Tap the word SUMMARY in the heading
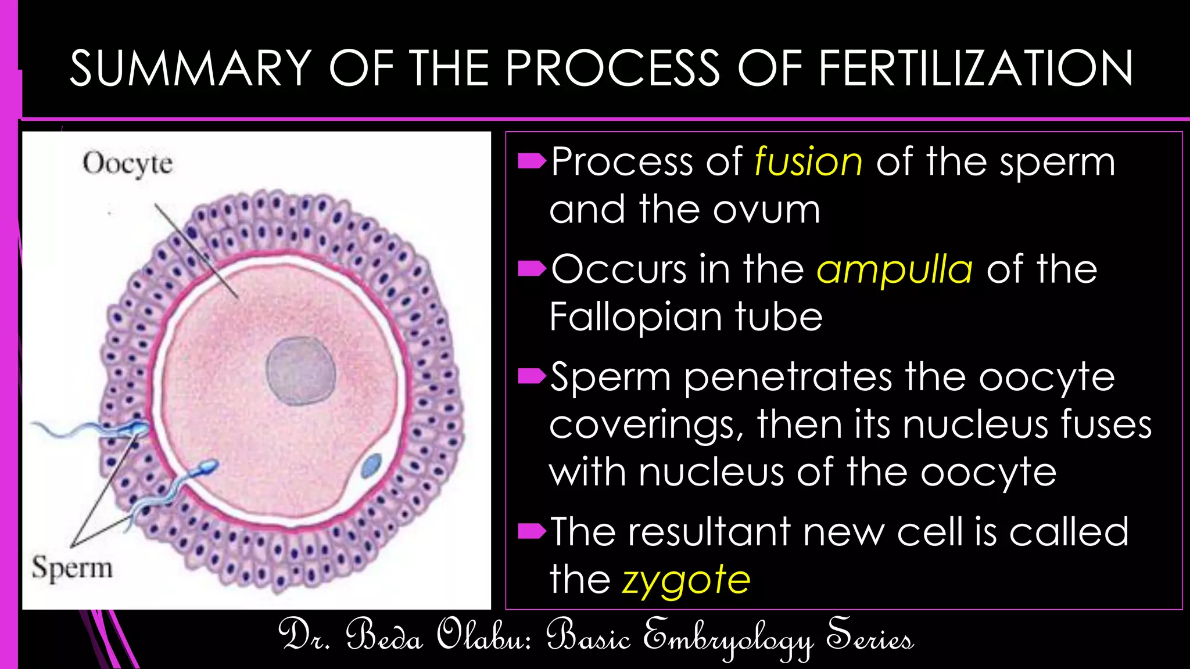coord(191,69)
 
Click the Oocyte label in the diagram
coord(128,163)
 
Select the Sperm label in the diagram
coord(72,567)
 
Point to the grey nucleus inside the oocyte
coord(301,371)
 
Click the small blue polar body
coord(371,465)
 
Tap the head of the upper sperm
coord(139,428)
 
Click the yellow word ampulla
coord(895,269)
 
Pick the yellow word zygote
coord(686,580)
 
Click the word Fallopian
coord(636,317)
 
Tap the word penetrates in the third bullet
coord(788,377)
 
